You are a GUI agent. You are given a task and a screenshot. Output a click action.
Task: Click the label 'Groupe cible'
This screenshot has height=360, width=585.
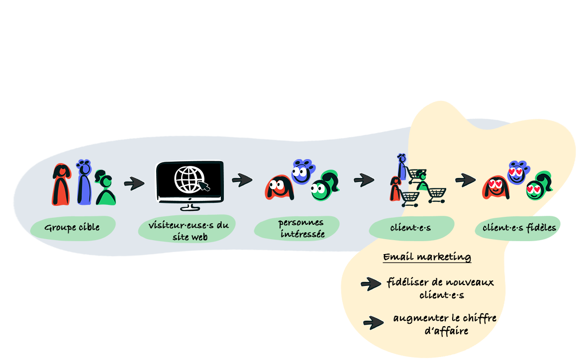[x=72, y=228]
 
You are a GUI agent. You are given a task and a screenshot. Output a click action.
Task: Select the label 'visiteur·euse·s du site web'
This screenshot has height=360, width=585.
[x=188, y=231]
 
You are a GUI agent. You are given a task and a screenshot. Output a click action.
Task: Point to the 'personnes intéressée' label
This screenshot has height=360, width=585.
[x=300, y=228]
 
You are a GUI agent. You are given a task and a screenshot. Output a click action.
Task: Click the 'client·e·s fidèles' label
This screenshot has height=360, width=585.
[x=519, y=228]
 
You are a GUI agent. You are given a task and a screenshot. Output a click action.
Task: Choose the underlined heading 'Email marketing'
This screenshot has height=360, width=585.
[x=427, y=257]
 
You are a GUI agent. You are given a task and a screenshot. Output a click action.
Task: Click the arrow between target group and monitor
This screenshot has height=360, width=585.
[x=134, y=183]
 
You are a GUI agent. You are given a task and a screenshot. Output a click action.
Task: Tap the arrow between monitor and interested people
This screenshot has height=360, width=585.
[x=242, y=180]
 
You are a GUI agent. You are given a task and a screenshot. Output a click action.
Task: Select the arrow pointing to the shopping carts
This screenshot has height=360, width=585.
[x=364, y=180]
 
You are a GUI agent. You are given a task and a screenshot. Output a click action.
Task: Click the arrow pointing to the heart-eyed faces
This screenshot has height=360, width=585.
[x=466, y=180]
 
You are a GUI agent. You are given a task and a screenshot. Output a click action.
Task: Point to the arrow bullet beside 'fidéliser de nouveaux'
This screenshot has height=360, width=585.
[x=371, y=284]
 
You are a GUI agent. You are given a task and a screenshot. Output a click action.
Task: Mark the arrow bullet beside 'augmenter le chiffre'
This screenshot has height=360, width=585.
[x=373, y=323]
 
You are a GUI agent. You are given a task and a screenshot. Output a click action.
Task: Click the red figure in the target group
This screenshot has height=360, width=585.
[x=61, y=184]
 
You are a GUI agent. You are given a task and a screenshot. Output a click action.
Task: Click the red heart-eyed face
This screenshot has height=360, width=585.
[x=495, y=188]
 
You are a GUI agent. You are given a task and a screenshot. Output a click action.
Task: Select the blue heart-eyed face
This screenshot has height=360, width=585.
[x=517, y=173]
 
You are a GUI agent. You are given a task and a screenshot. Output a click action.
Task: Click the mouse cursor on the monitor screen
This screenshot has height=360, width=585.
[x=204, y=186]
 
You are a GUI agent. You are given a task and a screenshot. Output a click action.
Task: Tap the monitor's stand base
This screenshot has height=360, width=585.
[x=189, y=208]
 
